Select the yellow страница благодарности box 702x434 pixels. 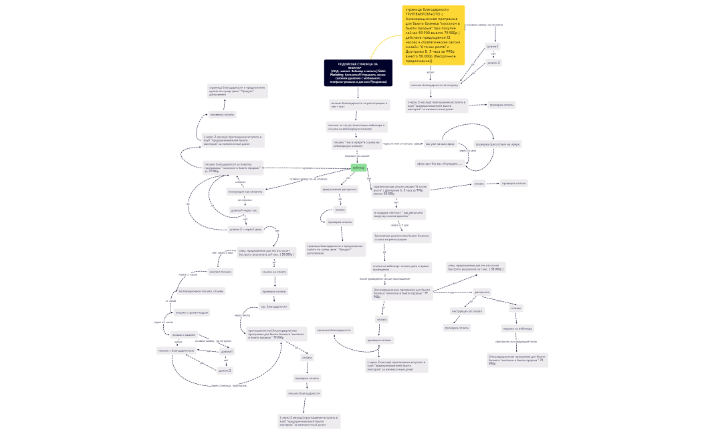433,35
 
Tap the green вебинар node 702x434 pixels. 358,168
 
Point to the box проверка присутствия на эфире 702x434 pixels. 497,144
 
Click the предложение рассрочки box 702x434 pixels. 340,189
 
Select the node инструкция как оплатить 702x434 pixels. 245,192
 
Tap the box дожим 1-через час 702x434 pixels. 244,210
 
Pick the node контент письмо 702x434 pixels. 221,272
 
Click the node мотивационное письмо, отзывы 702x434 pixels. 201,291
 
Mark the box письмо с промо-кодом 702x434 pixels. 191,312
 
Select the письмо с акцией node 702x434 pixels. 184,335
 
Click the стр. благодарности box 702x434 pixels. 274,306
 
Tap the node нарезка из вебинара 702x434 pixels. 517,328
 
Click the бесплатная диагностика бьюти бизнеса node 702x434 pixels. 402,237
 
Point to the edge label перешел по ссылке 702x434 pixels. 357,156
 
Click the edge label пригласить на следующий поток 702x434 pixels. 516,341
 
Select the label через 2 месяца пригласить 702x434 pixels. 229,385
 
